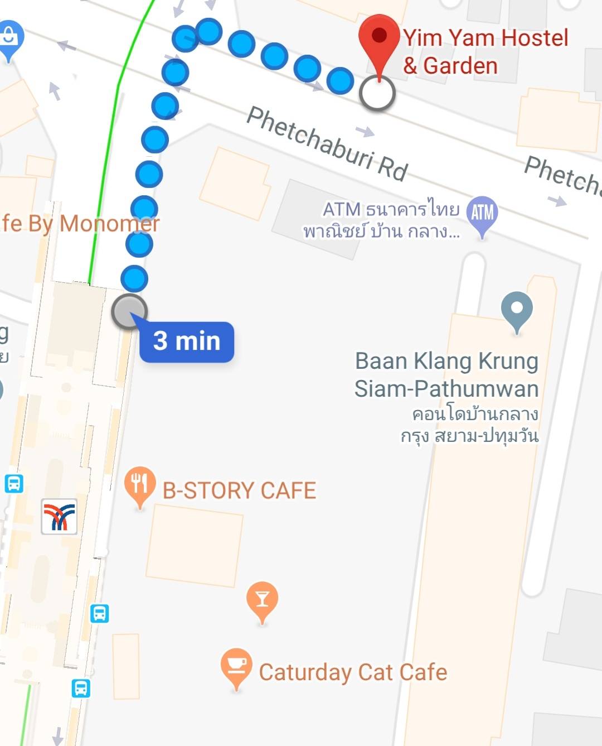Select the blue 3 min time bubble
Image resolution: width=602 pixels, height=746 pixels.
click(x=187, y=341)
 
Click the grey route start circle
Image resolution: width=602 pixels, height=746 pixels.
click(x=129, y=311)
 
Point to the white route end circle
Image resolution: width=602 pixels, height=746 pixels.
click(x=377, y=93)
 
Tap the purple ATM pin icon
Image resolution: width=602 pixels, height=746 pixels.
click(x=482, y=213)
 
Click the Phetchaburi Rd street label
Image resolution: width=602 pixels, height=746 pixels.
click(x=327, y=145)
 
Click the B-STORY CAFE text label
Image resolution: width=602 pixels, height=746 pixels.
click(x=239, y=491)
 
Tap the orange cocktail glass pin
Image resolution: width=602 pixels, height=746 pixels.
click(x=262, y=599)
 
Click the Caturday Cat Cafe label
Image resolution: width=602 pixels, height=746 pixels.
click(x=353, y=672)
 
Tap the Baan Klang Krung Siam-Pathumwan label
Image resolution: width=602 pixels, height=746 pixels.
click(x=446, y=374)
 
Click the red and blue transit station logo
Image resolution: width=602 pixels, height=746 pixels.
click(x=59, y=516)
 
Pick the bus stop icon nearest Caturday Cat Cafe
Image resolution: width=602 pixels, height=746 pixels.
click(x=81, y=688)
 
